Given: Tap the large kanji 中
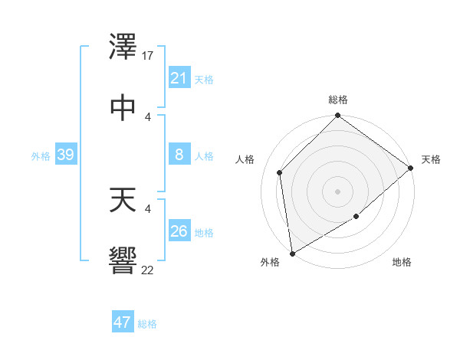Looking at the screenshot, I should coord(123,106).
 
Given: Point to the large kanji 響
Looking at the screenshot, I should coord(123,259).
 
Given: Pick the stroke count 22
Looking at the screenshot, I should coord(148,270).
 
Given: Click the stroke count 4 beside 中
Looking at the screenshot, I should coord(148,116).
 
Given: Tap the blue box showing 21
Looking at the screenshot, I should coord(179,78).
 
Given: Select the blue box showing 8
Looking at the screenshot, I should coord(179,155).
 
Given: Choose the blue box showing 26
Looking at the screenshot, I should coord(179,231).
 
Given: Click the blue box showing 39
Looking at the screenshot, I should coord(65,155).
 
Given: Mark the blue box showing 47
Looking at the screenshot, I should coord(123,322).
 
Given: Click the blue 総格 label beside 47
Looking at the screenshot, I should coord(147,324).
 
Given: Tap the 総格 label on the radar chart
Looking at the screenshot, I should coord(338,100).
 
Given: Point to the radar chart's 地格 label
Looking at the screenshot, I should coord(402,263).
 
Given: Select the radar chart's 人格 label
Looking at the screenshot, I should coord(246,159).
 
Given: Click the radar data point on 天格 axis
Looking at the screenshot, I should coord(411,168).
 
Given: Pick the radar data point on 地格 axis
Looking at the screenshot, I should coord(356,218).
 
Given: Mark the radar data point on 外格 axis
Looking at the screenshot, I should coord(292,253).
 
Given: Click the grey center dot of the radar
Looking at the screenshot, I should coord(338,191).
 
